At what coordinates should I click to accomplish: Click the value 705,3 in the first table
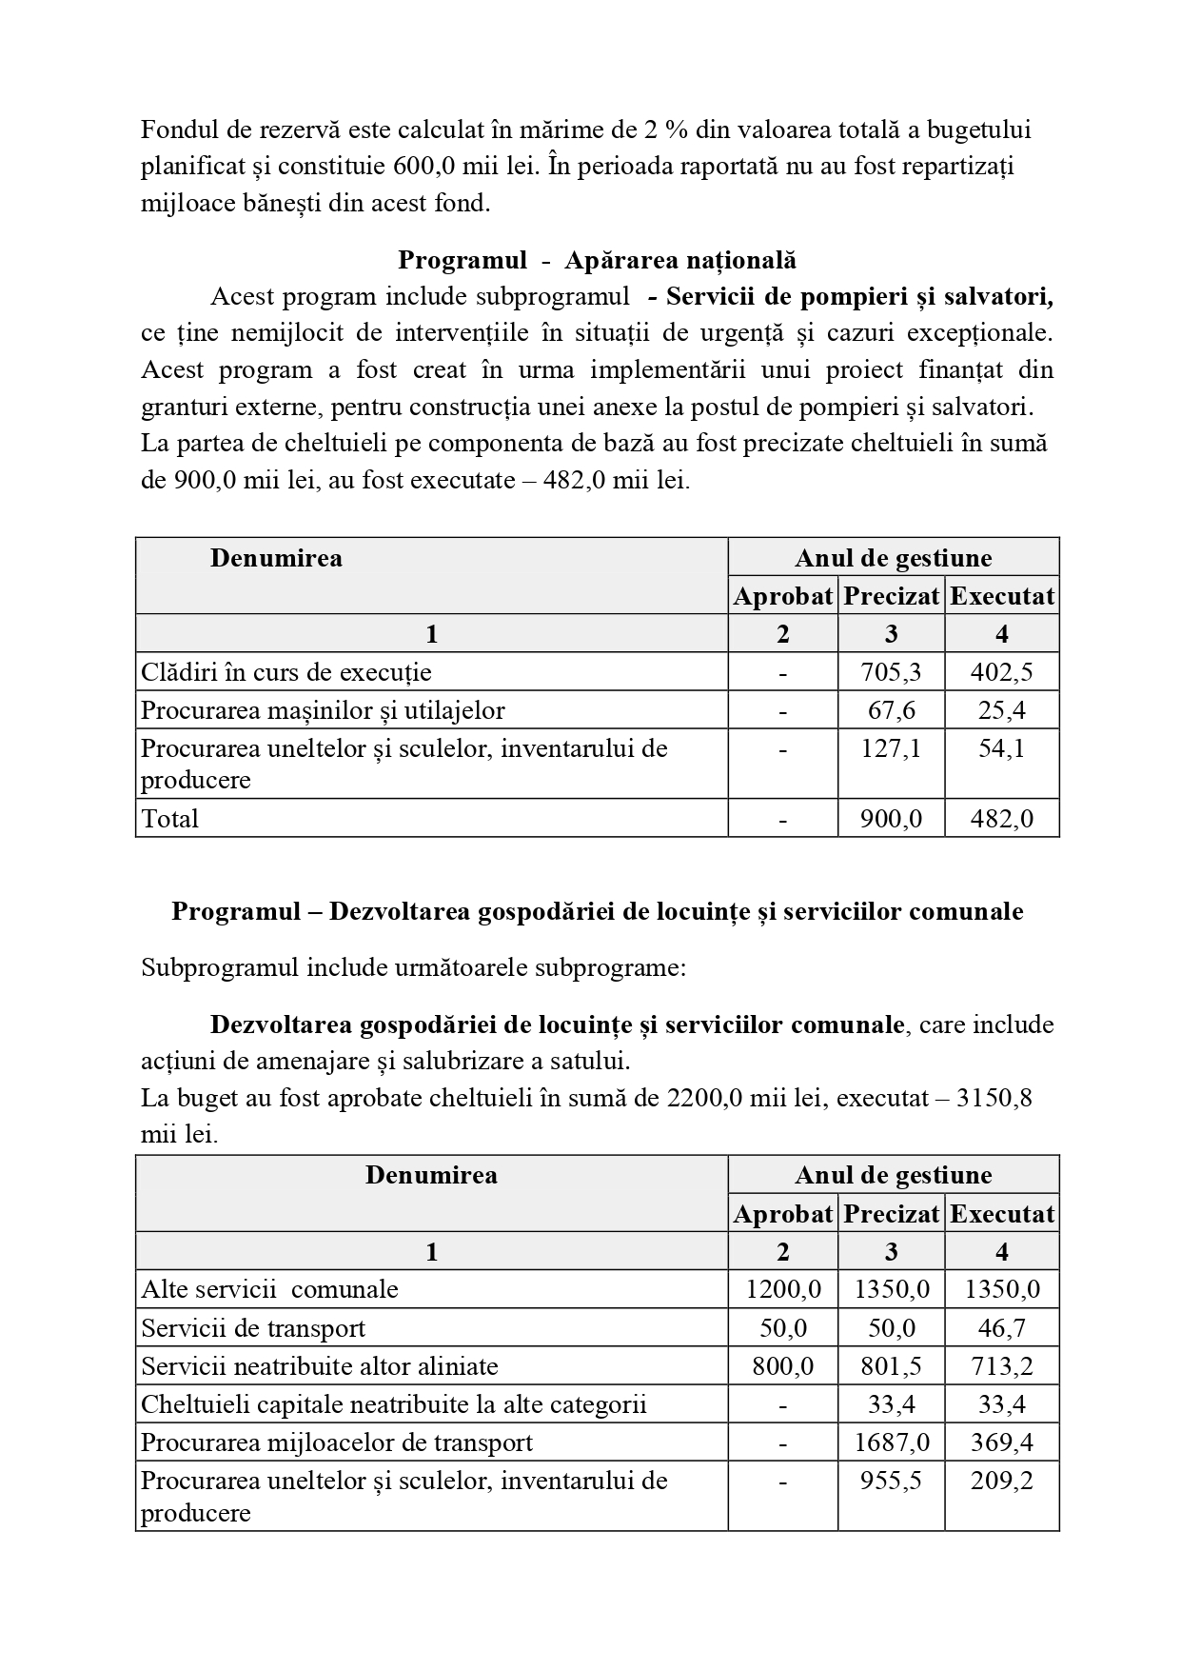891,672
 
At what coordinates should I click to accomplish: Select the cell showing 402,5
1001,672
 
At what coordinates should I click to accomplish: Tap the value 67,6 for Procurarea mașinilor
891,710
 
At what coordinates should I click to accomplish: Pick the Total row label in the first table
170,819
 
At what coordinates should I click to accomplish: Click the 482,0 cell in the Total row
1001,819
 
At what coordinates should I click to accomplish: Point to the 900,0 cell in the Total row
891,819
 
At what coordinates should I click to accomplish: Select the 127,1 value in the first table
891,748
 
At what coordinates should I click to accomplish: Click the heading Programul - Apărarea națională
597,260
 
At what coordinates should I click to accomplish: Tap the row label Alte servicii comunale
269,1290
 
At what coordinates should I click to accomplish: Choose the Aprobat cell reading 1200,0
783,1290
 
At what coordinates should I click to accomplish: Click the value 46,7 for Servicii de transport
1001,1328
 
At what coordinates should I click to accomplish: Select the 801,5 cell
891,1366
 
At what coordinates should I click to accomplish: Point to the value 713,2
1001,1366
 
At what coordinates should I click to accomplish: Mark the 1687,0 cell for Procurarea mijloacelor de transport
891,1442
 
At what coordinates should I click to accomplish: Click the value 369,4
1001,1442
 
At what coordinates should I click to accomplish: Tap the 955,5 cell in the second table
891,1481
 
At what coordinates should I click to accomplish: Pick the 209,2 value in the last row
1001,1481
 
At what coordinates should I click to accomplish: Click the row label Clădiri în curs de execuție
286,672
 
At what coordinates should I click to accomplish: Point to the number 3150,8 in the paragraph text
994,1099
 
